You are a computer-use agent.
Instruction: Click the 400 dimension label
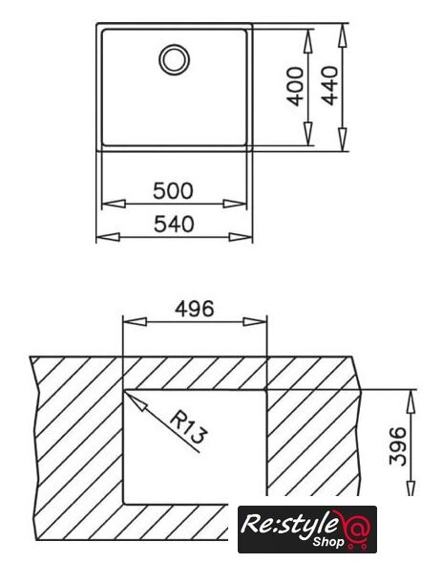296,86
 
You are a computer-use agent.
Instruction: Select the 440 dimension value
329,85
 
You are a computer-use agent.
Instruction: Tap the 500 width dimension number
173,191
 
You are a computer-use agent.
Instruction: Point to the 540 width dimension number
174,224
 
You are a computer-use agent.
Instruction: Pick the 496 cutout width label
195,309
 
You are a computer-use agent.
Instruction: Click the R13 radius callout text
188,427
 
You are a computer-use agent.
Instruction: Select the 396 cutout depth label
398,446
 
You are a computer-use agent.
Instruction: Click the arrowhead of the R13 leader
136,401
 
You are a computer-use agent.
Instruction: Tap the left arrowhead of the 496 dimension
135,322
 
